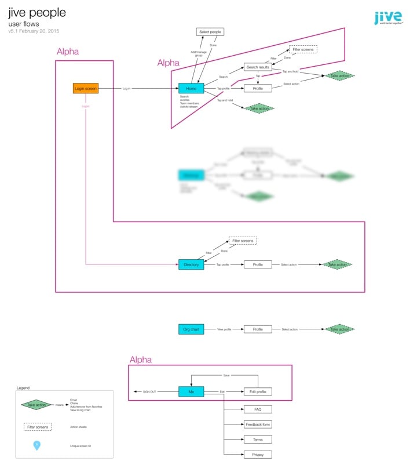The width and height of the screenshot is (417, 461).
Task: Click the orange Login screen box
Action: tap(85, 88)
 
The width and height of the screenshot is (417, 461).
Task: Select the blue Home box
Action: tap(191, 88)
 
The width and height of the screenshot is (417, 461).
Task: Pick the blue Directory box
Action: tap(191, 264)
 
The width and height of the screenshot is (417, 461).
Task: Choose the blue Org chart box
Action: tap(191, 329)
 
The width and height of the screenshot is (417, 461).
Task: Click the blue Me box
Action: tap(191, 392)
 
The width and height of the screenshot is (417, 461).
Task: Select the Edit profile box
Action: tap(258, 392)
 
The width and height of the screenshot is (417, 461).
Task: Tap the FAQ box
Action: tap(258, 409)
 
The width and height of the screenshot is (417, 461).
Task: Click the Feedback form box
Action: tap(258, 424)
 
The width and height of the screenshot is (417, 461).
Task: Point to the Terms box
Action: tap(258, 440)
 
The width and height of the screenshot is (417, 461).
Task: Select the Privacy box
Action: tap(258, 455)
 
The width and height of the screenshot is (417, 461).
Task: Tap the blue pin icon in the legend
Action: tap(37, 445)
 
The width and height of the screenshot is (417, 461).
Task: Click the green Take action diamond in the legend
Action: tap(37, 405)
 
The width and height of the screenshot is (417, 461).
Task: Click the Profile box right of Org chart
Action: tap(258, 329)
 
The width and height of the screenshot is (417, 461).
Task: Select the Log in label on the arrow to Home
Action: tap(126, 89)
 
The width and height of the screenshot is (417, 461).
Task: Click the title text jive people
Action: tap(37, 13)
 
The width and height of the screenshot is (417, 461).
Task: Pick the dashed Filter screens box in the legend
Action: tap(37, 426)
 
